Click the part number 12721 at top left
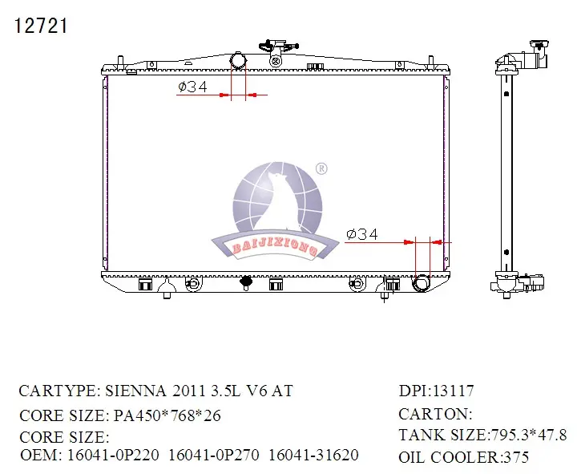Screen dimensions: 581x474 41,26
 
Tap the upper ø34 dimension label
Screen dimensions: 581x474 192,87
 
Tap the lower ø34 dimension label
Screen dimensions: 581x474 362,234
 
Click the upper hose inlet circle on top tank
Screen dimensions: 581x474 238,60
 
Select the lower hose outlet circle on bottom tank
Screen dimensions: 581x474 422,283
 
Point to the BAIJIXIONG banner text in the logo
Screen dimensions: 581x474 275,247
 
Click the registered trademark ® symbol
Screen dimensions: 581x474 321,168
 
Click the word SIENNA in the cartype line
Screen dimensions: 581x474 136,391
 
